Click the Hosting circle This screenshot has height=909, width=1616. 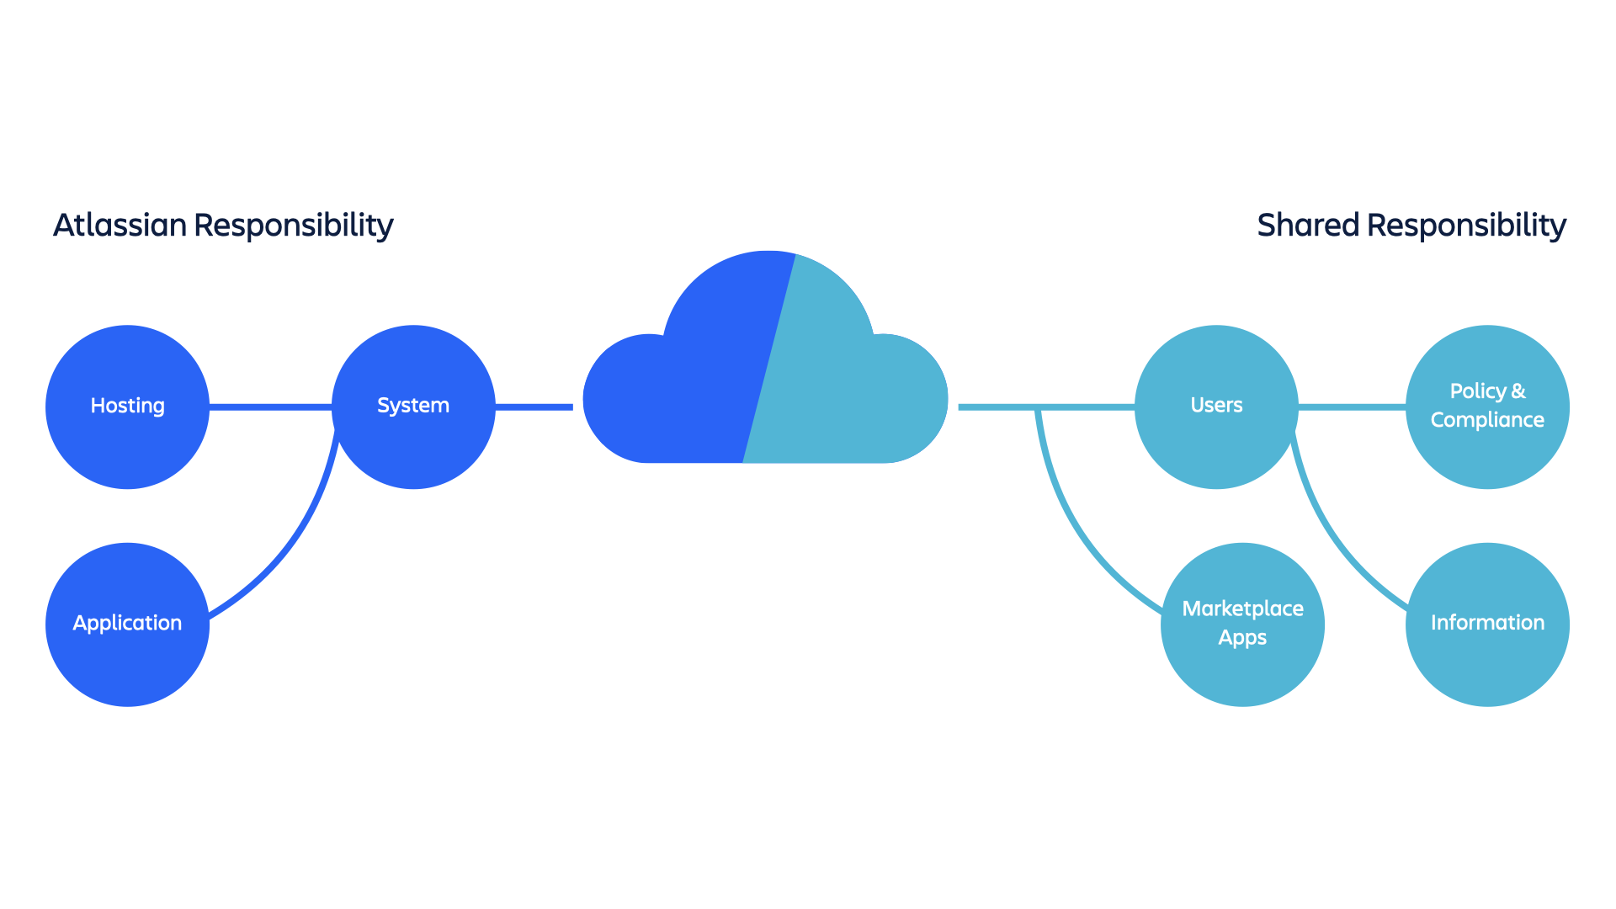(127, 407)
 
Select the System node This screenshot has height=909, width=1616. (412, 407)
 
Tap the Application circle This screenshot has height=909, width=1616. (127, 624)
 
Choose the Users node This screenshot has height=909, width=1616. (1216, 407)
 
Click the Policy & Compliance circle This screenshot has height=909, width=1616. (1487, 407)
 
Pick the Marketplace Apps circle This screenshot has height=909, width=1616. (1242, 624)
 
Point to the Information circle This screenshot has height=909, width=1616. (1487, 624)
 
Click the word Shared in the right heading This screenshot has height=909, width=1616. (1308, 226)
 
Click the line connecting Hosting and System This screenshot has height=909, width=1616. (269, 407)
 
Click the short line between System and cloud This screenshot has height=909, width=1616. (534, 407)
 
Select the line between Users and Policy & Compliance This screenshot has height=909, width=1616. (1352, 407)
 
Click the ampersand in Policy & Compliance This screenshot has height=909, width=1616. (1518, 391)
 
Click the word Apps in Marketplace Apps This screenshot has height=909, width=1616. (1242, 638)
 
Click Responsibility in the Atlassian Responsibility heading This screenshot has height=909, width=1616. (294, 226)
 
